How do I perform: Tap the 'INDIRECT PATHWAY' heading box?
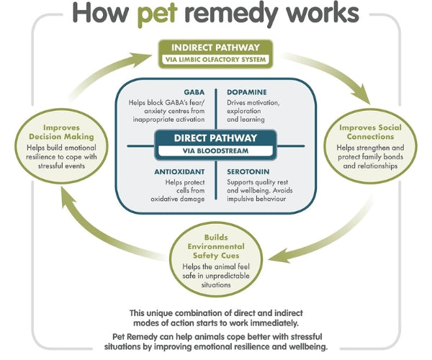click(216, 48)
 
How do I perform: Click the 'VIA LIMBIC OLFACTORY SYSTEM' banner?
click(216, 60)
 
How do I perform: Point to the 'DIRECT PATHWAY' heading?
click(216, 140)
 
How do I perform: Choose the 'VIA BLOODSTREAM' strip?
click(216, 153)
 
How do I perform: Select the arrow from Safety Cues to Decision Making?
click(94, 216)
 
